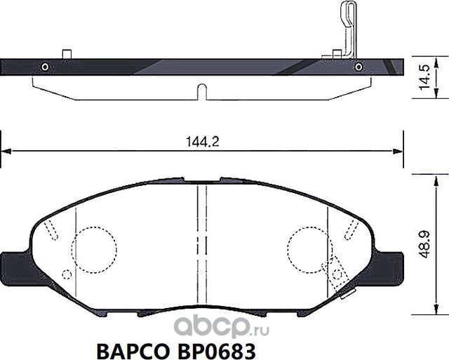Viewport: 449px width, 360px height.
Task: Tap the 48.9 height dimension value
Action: click(x=424, y=246)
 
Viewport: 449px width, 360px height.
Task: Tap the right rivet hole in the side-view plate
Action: click(x=359, y=67)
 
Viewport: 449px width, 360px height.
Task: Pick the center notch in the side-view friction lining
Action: click(x=201, y=92)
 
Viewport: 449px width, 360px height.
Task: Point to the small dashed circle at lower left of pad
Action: click(x=67, y=274)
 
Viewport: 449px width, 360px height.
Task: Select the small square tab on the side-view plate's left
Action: click(x=67, y=55)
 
